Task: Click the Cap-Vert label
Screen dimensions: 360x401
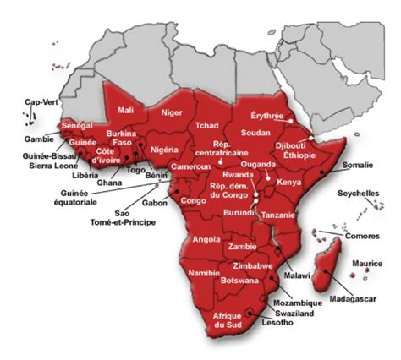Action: (x=41, y=102)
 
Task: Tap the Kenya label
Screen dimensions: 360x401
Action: (x=289, y=183)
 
